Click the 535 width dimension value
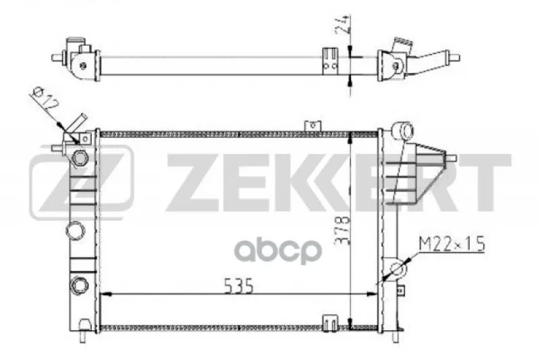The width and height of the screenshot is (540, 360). point(239,286)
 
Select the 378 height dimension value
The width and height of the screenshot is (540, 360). point(343,230)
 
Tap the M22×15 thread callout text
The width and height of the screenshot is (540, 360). point(452,244)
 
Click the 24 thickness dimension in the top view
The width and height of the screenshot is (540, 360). point(343,24)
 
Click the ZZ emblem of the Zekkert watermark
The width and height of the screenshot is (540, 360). point(82,182)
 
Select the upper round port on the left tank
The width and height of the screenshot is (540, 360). point(80,158)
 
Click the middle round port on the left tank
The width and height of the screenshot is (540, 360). point(75,230)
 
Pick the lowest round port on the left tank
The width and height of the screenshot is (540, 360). point(79,285)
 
